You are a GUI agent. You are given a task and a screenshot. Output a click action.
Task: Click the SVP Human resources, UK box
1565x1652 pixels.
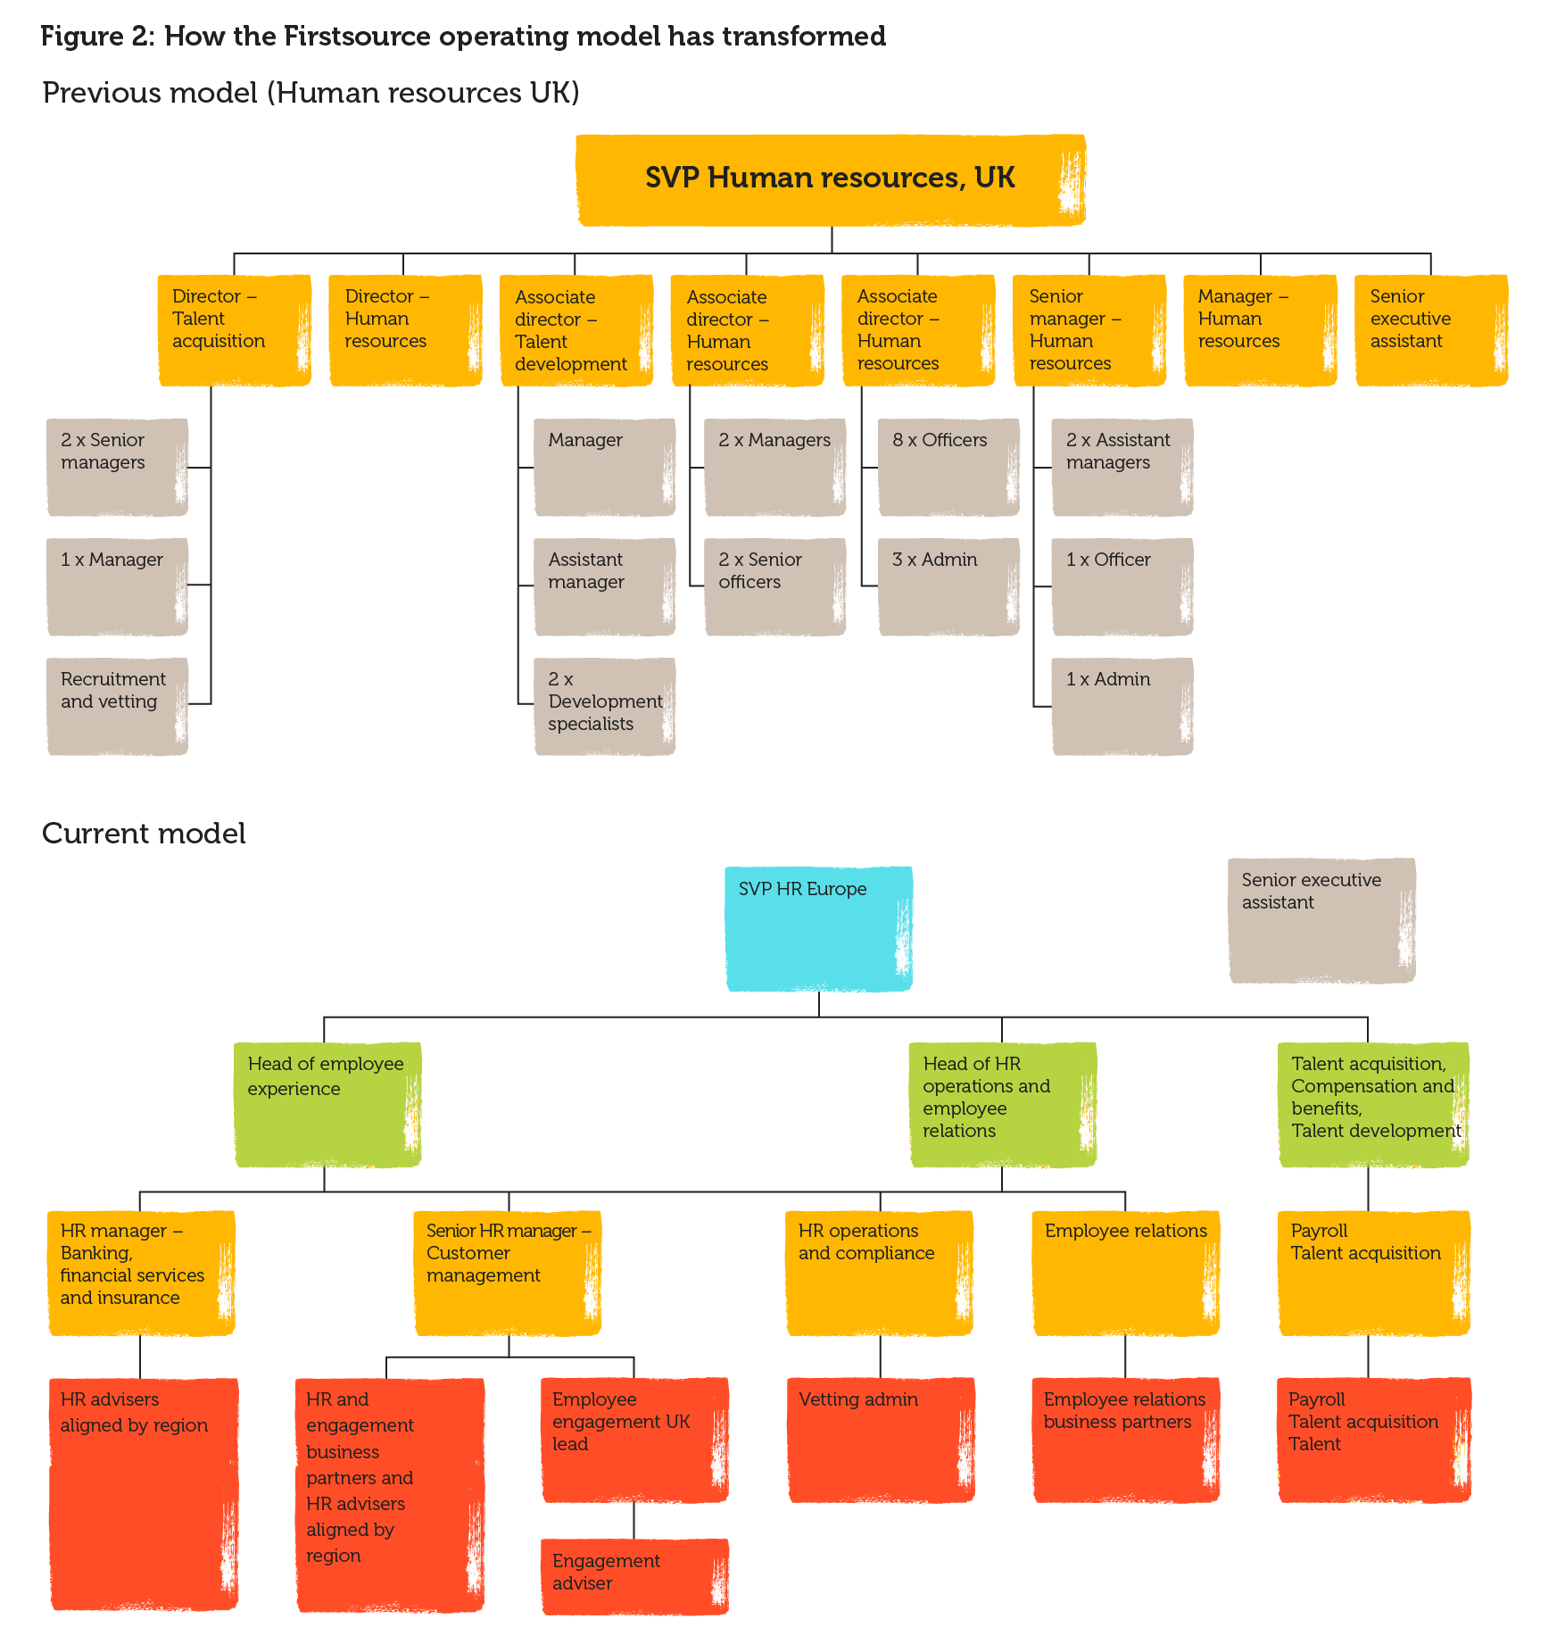[830, 179]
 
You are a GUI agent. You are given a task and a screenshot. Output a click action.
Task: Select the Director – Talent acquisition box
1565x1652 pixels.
[235, 329]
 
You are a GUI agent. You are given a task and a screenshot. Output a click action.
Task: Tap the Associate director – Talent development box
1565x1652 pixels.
[576, 330]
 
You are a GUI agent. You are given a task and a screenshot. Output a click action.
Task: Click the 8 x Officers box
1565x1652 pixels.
[948, 467]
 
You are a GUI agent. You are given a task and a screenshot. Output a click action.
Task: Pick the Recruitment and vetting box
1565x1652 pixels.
[117, 706]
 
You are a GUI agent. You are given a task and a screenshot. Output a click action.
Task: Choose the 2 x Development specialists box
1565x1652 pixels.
[604, 706]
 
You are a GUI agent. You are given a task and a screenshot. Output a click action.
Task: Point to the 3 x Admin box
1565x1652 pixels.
[948, 586]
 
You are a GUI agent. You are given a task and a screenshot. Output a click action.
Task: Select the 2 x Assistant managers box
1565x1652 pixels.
[1122, 467]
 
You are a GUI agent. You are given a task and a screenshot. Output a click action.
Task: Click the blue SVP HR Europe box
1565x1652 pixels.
[818, 928]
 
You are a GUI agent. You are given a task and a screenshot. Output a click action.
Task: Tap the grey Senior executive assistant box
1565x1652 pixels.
[1321, 920]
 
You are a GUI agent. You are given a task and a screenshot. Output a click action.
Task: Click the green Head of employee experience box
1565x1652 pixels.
[327, 1104]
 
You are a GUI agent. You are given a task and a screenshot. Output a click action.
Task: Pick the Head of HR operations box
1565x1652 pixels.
[1003, 1104]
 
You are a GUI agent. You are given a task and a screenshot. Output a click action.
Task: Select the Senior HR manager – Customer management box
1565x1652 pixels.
[508, 1272]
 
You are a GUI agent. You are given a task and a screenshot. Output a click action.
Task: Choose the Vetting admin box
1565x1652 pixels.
[881, 1439]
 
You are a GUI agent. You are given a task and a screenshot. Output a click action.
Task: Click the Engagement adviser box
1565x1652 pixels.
[634, 1576]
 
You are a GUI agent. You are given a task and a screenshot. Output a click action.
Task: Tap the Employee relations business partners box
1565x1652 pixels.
[1125, 1439]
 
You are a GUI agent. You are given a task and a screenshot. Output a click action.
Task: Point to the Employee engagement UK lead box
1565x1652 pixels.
[634, 1439]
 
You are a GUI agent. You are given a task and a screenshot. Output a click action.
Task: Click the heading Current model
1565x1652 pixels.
[144, 834]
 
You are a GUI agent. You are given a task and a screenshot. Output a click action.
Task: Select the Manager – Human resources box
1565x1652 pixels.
[1260, 329]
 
